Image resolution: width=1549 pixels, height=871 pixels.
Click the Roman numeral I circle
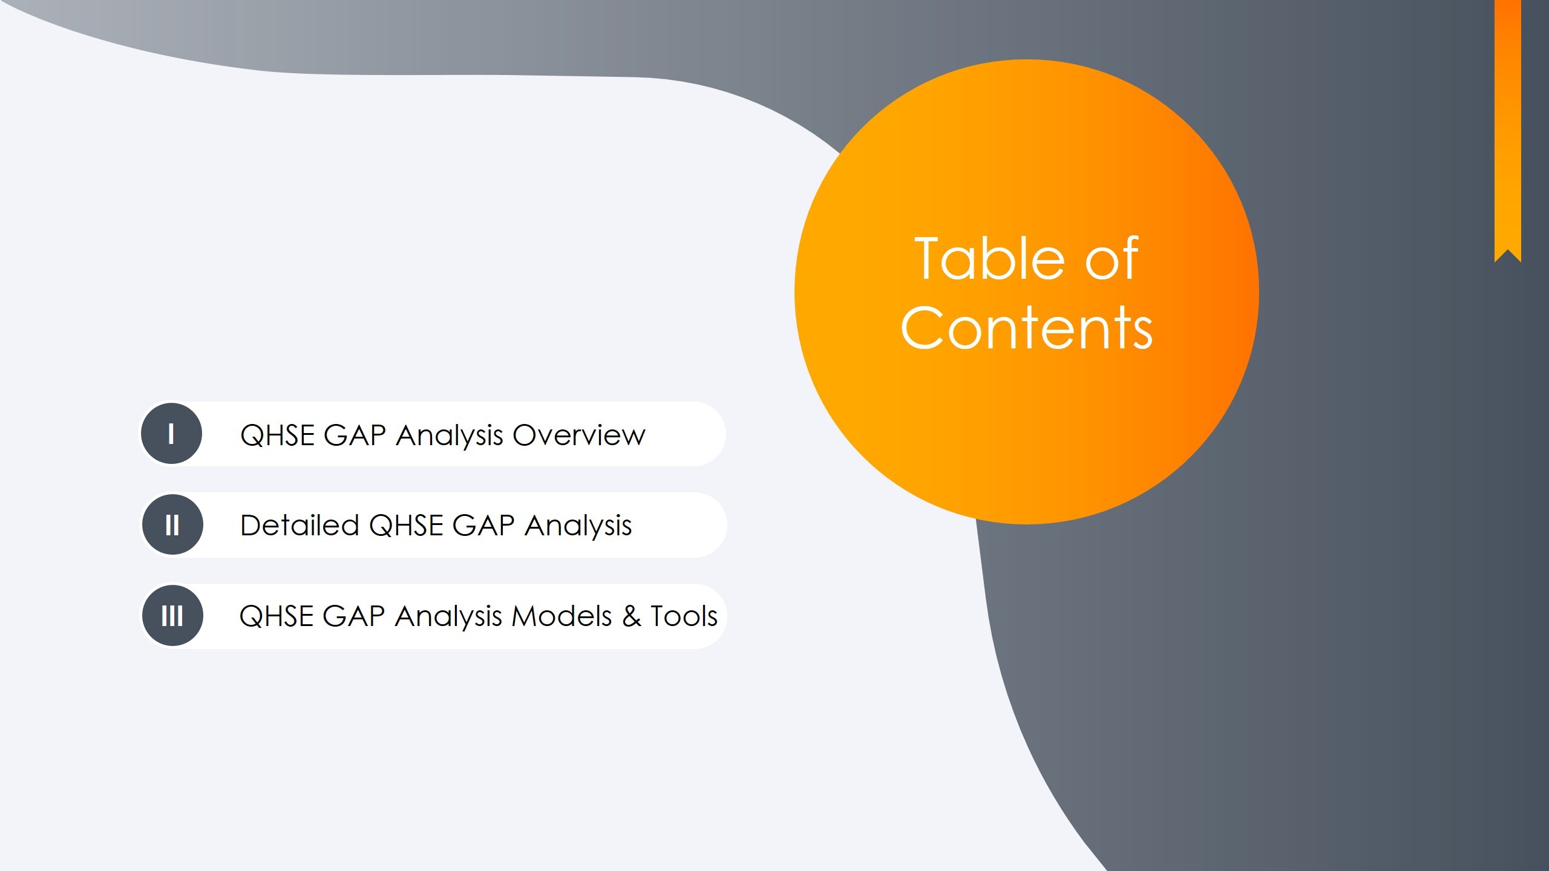[x=171, y=434]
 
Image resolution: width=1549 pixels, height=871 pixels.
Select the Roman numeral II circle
[x=172, y=524]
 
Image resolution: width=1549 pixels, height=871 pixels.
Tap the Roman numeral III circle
[x=172, y=616]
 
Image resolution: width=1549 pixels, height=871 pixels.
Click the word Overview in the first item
[x=579, y=435]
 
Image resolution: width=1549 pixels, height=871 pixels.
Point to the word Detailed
[x=300, y=525]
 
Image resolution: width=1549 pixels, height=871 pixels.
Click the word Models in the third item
[x=562, y=616]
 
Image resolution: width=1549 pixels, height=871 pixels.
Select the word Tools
[x=684, y=616]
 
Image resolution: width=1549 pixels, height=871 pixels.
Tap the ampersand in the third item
[x=632, y=616]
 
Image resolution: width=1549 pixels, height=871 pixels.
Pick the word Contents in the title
[x=1027, y=328]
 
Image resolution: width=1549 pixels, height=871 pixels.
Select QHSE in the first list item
[x=277, y=435]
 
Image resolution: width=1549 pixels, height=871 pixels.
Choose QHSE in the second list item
[x=405, y=525]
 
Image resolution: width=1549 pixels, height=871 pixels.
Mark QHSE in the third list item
[x=276, y=616]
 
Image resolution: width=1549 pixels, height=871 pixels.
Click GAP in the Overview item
[x=355, y=435]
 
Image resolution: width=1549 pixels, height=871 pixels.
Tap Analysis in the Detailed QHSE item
[x=578, y=525]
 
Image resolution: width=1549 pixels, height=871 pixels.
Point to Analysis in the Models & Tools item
[x=448, y=616]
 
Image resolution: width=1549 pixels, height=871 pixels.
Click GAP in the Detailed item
[x=483, y=525]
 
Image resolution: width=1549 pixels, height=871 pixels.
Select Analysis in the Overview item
[x=450, y=435]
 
